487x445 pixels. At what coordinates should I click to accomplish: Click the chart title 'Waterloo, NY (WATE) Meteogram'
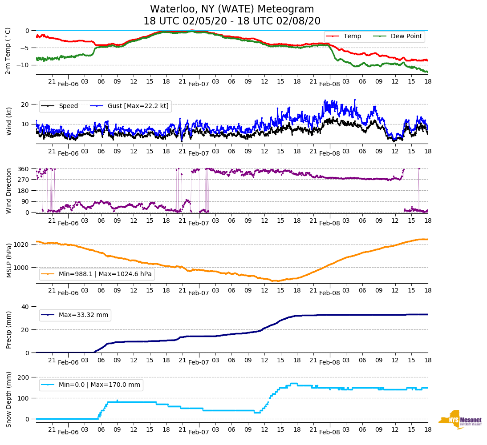232,9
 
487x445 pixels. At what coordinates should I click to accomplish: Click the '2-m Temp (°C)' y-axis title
8,51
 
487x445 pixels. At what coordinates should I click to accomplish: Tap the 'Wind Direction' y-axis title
8,190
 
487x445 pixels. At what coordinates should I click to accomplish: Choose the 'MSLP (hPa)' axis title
8,261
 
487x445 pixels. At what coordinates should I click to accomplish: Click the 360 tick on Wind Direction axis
24,169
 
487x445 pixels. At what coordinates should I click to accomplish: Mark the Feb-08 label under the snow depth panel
329,432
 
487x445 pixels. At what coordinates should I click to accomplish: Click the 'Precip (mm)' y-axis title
8,330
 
